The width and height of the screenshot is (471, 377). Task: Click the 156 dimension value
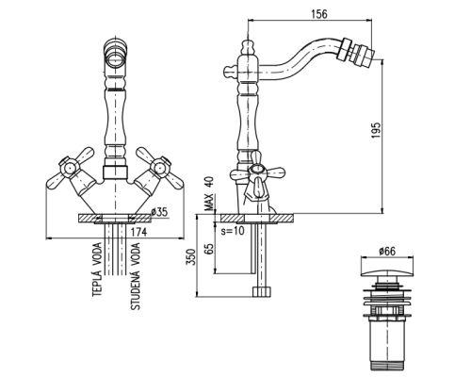point(318,14)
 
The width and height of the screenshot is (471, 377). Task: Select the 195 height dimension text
point(376,130)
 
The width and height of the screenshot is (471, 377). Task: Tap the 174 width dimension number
point(138,232)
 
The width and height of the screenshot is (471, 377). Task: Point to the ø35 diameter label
point(159,212)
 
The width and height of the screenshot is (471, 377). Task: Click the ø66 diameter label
point(387,252)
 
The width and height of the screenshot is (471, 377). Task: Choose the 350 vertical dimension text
point(191,257)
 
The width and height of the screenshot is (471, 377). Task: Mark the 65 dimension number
point(209,248)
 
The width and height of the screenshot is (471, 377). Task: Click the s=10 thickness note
point(233,231)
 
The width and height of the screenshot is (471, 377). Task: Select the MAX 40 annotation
point(209,194)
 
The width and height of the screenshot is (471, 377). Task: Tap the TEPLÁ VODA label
point(98,270)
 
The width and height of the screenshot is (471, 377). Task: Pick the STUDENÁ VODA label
point(136,276)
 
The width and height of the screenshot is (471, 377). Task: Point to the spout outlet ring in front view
point(115,53)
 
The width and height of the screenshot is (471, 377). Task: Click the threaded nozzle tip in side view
point(363,57)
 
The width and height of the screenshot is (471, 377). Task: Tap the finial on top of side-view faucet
point(248,47)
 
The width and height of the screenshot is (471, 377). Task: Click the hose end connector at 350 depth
point(262,291)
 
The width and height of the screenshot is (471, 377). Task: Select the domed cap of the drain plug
point(387,270)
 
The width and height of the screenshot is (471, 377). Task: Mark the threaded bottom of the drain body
point(387,367)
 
